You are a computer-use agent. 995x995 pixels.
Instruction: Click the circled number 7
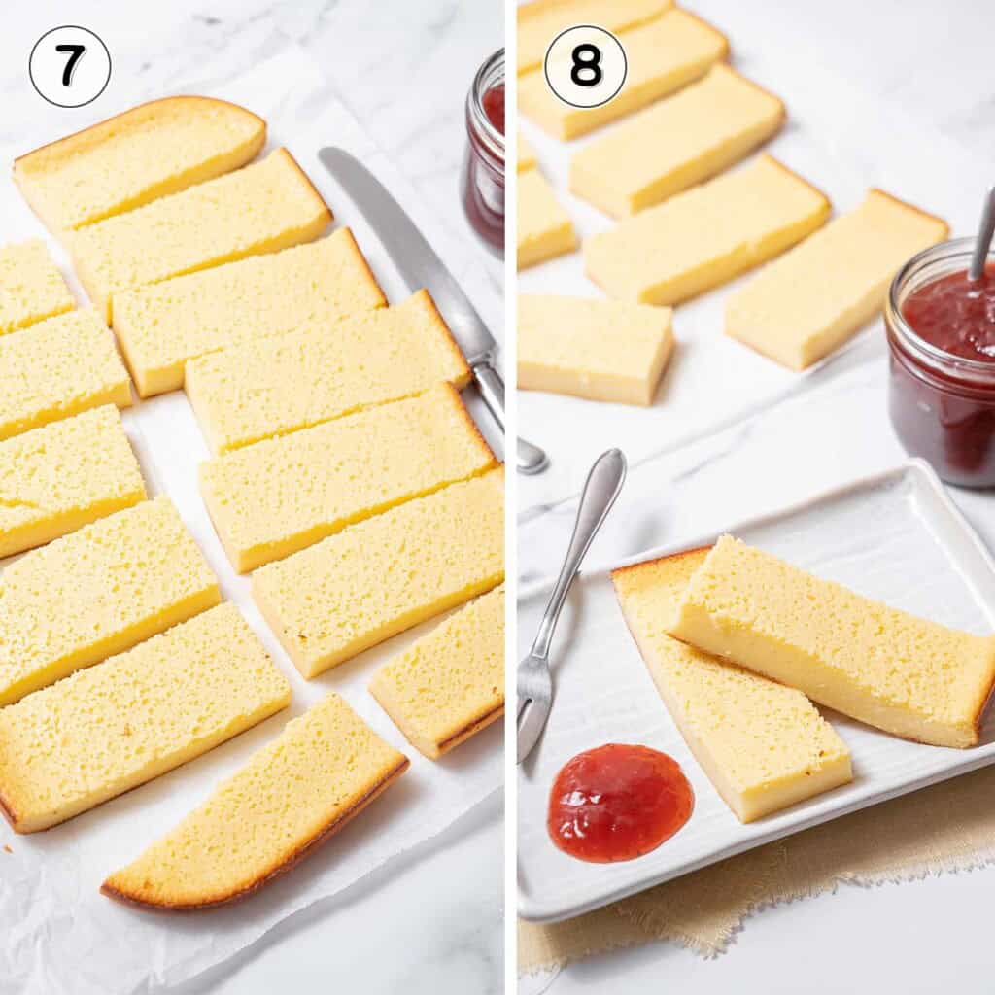[x=70, y=66]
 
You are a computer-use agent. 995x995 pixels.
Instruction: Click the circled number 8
[x=585, y=66]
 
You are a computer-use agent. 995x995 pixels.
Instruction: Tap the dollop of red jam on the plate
[x=619, y=802]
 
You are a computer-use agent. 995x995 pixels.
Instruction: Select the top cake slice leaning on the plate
[x=836, y=641]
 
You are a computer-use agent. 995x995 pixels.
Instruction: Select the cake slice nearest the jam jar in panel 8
[x=836, y=282]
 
